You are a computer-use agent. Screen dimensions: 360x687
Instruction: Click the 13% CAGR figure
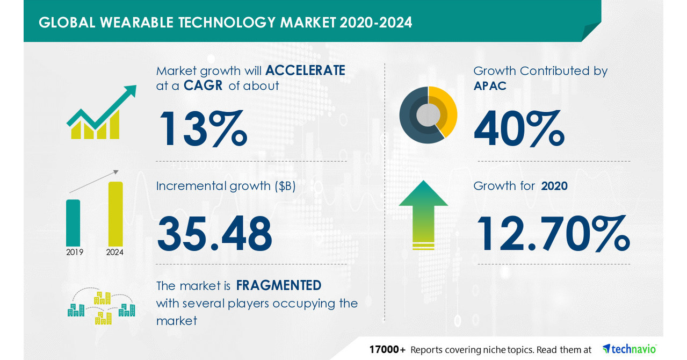[x=202, y=128]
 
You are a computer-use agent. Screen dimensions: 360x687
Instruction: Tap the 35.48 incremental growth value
[x=214, y=234]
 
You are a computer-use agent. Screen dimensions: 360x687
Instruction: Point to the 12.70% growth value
[x=553, y=234]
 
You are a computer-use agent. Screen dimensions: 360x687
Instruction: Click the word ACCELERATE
[x=305, y=70]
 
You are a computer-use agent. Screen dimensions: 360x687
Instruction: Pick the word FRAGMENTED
[x=279, y=285]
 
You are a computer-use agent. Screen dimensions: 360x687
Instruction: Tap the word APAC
[x=490, y=86]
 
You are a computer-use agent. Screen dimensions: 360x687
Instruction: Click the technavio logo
[x=630, y=349]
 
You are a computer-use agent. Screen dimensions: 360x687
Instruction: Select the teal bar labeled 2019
[x=73, y=222]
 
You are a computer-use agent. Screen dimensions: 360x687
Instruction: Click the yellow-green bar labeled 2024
[x=115, y=213]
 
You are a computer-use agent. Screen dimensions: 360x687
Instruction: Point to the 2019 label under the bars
[x=75, y=251]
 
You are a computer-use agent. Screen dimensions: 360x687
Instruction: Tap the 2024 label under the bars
[x=115, y=251]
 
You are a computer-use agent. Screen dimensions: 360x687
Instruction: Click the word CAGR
[x=203, y=86]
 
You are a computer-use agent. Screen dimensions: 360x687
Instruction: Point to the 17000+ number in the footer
[x=387, y=349]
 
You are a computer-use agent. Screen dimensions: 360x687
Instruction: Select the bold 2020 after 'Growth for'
[x=554, y=186]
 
